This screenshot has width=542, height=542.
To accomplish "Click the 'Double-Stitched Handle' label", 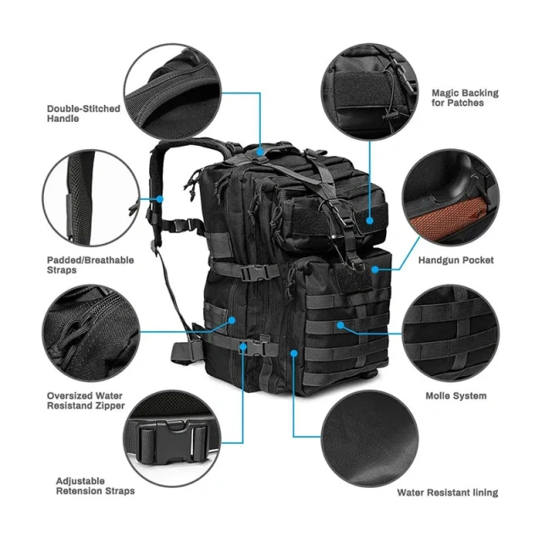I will pos(83,113).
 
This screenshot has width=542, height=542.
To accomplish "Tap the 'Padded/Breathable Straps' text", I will pos(90,265).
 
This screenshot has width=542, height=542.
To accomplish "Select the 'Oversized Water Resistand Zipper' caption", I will pos(86,401).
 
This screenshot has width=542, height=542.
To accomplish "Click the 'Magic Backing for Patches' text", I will pos(465,97).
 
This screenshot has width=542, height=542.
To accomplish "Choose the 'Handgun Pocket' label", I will pos(456,260).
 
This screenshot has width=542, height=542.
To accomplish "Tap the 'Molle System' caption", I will pos(456,395).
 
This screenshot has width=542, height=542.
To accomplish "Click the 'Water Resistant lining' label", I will pos(447,492).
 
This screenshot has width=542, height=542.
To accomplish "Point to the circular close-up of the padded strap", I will pos(90,197).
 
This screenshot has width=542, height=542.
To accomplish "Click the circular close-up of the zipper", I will pos(90,332).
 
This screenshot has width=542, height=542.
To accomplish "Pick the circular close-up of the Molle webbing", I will pos(450,332).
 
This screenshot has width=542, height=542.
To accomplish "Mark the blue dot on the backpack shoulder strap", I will pos(161,199).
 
